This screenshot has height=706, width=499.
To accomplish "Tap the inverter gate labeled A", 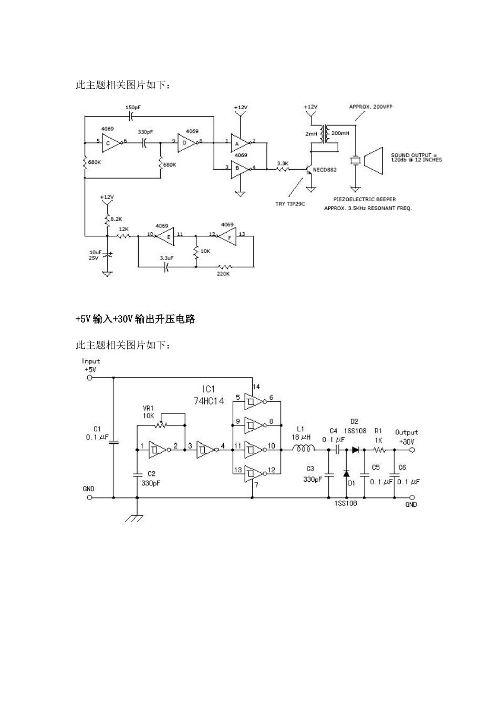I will coord(240,142).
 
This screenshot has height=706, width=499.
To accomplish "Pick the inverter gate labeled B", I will coord(240,169).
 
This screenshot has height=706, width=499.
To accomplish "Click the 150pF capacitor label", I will coord(132,107).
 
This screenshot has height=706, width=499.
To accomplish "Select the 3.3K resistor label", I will coord(283,163).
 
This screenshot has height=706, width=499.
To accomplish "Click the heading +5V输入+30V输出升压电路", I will coord(136,319).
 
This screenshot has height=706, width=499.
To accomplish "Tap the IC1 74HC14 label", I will coord(209,394).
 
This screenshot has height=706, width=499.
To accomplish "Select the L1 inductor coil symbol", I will coord(304,449).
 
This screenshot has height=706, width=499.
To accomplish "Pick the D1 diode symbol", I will coord(347,474).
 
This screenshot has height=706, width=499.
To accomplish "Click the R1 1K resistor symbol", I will coord(379,450).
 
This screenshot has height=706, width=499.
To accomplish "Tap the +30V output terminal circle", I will coord(412,450).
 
